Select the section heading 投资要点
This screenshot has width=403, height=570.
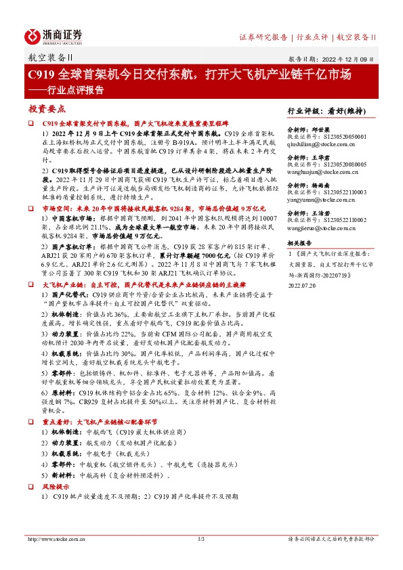[47, 108]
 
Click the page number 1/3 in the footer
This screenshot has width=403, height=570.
[201, 539]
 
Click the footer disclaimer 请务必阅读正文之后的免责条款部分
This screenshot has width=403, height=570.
[330, 539]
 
